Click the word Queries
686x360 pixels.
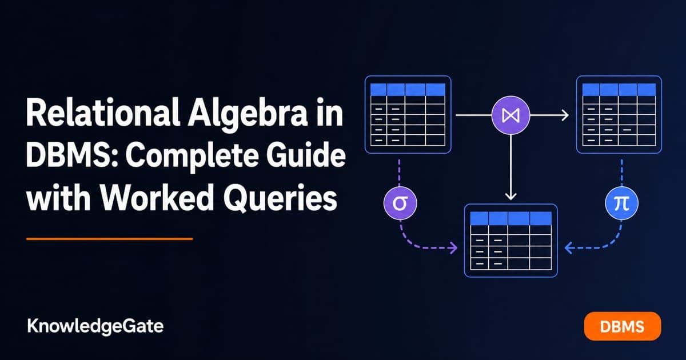click(280, 199)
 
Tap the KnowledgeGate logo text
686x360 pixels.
click(95, 327)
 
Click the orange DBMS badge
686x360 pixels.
click(623, 326)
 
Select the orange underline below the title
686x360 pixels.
click(109, 239)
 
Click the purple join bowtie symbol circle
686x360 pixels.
click(510, 115)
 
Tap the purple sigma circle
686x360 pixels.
click(400, 203)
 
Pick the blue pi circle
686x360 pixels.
click(622, 203)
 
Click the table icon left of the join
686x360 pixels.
click(408, 114)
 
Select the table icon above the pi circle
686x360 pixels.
click(619, 114)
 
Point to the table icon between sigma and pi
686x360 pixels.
click(511, 241)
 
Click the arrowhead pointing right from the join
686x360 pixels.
click(565, 115)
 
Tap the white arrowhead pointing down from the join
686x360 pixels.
click(510, 196)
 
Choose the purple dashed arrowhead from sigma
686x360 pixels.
click(453, 247)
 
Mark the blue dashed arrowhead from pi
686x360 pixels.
click(568, 247)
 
